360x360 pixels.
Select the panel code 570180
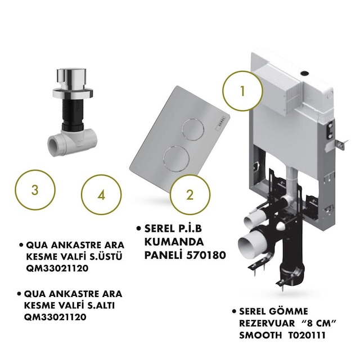[206, 255]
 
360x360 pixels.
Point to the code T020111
[307, 335]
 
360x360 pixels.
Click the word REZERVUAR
[267, 323]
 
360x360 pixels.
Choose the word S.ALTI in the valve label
[101, 305]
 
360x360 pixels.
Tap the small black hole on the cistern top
[304, 74]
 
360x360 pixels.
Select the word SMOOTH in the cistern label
[260, 335]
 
